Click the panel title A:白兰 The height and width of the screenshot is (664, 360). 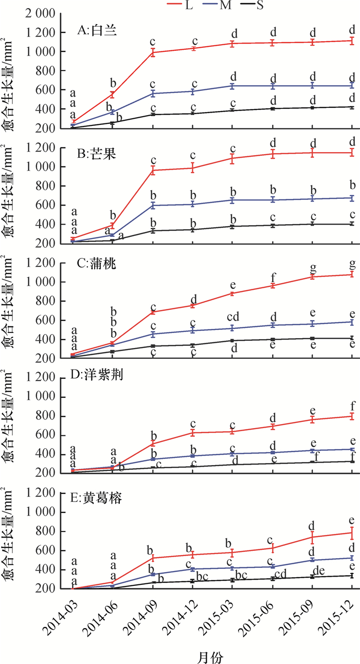pyautogui.click(x=98, y=30)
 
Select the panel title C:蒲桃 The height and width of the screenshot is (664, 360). pyautogui.click(x=98, y=266)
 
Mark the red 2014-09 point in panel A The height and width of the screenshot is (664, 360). pyautogui.click(x=153, y=52)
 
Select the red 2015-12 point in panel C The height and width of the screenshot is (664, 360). pyautogui.click(x=352, y=274)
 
